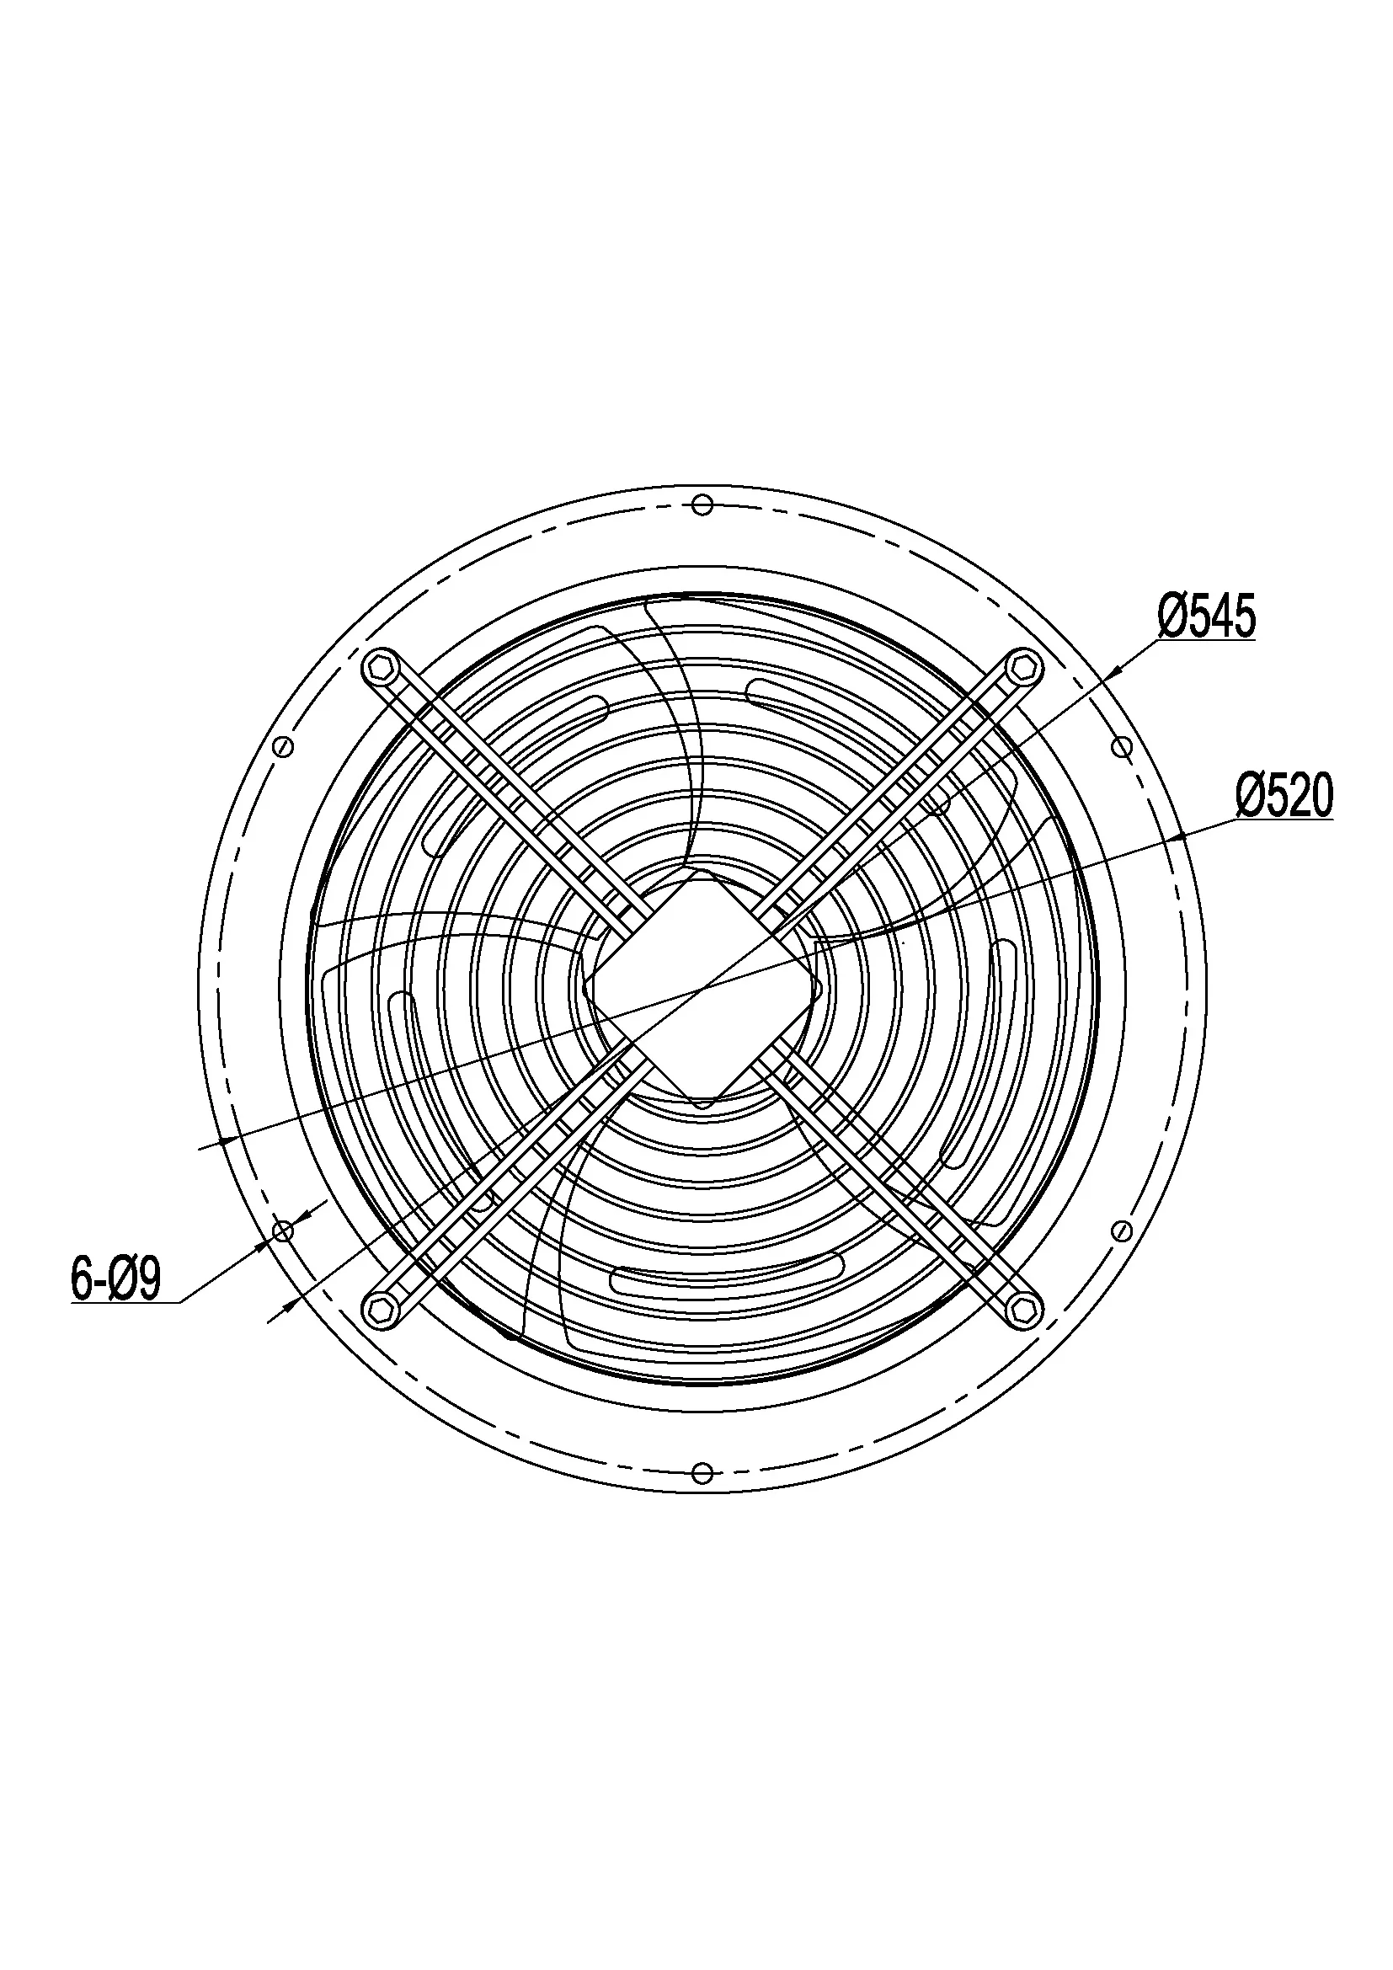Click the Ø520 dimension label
(1284, 796)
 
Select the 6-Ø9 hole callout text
(115, 1281)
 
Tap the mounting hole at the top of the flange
(702, 505)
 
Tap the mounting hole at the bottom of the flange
(702, 1473)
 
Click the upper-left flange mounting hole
(282, 746)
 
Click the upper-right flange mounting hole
(1121, 746)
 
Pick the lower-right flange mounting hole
(1121, 1232)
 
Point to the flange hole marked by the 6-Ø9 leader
(282, 1232)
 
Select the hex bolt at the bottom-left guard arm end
(378, 1309)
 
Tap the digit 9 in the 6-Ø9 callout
(148, 1281)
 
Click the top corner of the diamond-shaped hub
(702, 873)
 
